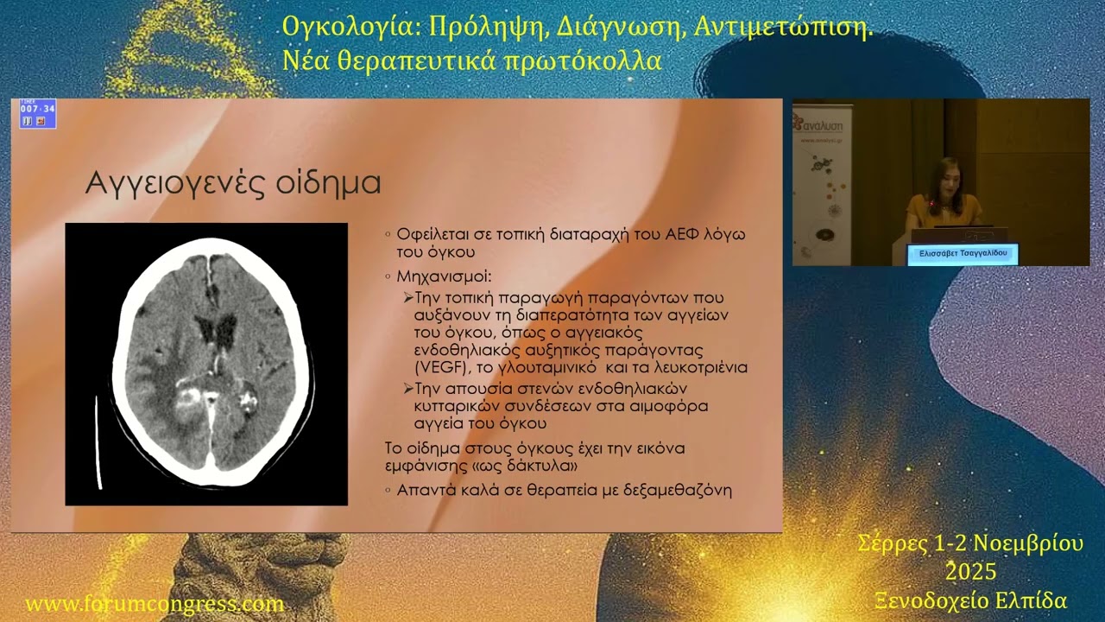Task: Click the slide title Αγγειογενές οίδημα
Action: click(x=233, y=183)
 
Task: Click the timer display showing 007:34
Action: click(x=38, y=108)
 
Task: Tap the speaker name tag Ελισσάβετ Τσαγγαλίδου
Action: click(x=963, y=254)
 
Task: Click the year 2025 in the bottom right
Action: click(x=970, y=572)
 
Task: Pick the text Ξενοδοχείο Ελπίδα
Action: click(x=970, y=600)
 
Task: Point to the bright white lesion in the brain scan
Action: click(x=188, y=397)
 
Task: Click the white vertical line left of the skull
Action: click(x=98, y=441)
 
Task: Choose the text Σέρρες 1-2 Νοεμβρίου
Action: click(x=970, y=543)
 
